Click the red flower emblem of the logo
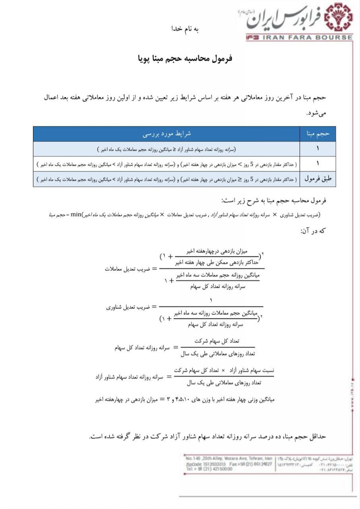[x=338, y=18]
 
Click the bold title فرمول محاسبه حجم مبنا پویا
[x=185, y=58]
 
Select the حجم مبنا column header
[x=318, y=134]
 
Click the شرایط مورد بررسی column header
[x=166, y=134]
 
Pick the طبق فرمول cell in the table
[x=318, y=179]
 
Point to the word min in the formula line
[x=76, y=215]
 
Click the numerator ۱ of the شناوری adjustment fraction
[x=211, y=300]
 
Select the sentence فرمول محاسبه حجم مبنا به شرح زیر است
[x=274, y=200]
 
